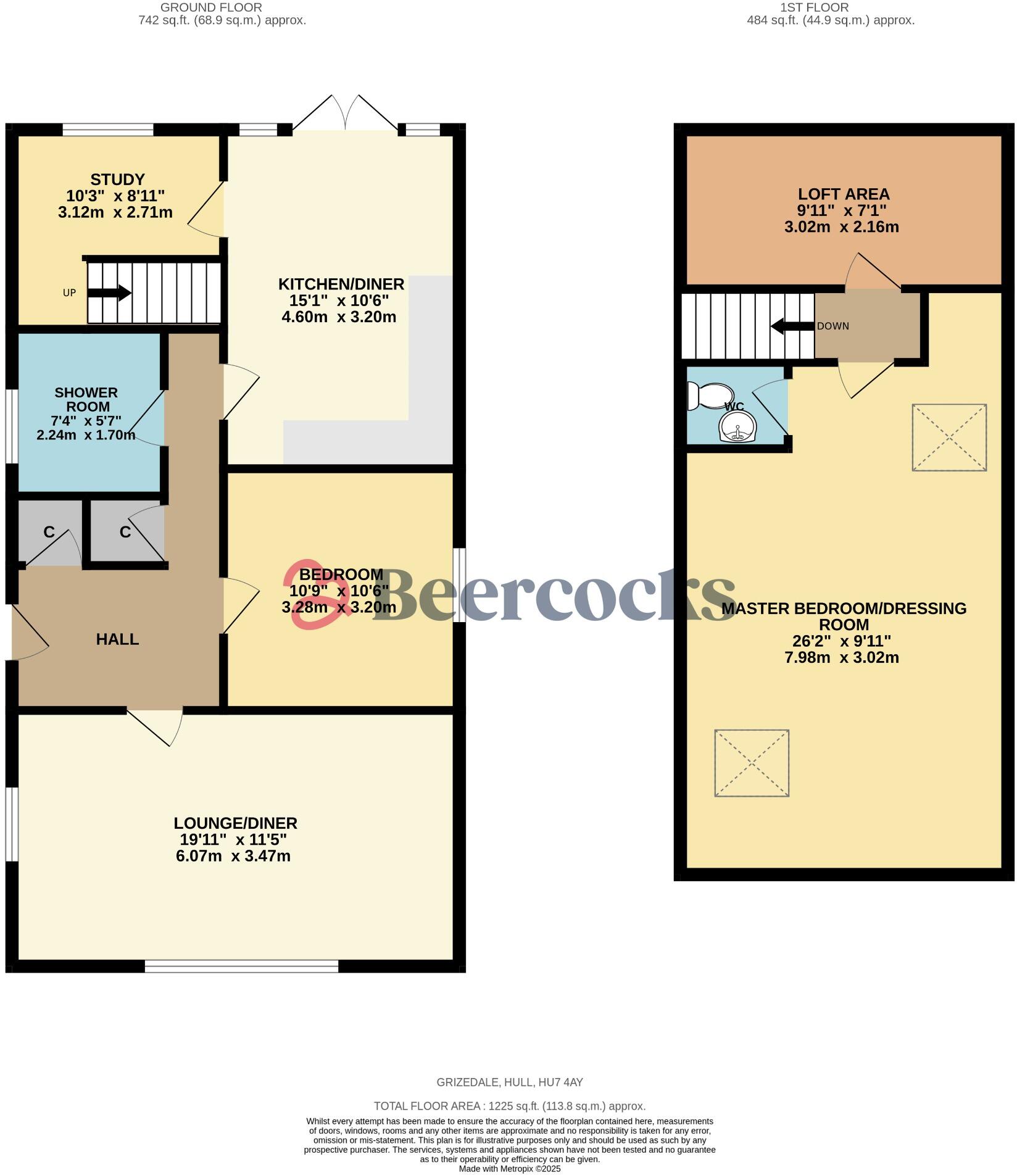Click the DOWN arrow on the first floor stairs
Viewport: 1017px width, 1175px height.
point(792,326)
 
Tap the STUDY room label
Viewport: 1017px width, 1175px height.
point(117,180)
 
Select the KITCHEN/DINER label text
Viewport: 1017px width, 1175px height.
point(341,284)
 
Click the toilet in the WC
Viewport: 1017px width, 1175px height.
point(711,396)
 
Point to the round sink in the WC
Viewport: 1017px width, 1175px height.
point(737,426)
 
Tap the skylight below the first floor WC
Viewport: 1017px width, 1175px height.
point(949,438)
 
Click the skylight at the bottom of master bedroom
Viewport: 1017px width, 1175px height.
point(751,763)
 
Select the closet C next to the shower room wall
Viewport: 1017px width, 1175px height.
point(125,532)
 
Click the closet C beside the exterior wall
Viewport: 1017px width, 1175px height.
point(49,532)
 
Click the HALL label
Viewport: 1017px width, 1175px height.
point(117,639)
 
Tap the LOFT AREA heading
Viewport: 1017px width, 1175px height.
point(843,194)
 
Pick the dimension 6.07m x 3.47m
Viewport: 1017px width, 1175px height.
point(233,856)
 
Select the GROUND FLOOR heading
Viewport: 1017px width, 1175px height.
point(211,7)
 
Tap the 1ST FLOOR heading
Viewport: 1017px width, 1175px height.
point(814,7)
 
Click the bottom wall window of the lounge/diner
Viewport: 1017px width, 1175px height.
point(241,966)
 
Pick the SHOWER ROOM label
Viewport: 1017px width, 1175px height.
point(86,399)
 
